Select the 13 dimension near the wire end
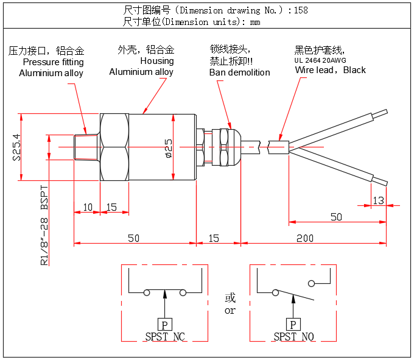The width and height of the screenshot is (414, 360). click(378, 200)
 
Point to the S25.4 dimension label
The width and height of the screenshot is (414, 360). click(17, 147)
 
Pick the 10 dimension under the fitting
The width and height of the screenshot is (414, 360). click(87, 207)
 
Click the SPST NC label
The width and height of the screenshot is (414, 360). click(164, 336)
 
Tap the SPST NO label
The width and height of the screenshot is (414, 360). click(293, 336)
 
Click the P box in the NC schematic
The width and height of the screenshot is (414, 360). click(164, 325)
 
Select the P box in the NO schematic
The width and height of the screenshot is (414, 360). click(293, 325)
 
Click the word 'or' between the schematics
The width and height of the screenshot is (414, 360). click(230, 311)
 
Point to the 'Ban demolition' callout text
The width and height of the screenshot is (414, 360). click(239, 72)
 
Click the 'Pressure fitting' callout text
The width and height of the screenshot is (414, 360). click(53, 62)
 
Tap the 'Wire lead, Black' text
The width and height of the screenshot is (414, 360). click(330, 70)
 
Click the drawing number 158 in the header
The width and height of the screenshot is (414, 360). click(301, 10)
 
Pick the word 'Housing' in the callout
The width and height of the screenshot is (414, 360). click(156, 61)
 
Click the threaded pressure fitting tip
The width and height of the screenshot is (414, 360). click(83, 147)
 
